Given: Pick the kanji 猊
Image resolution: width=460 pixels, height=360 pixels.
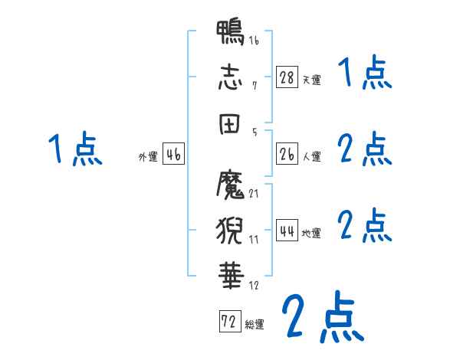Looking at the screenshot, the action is (230, 228).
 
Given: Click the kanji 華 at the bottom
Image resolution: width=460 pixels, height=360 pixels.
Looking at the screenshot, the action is (230, 273).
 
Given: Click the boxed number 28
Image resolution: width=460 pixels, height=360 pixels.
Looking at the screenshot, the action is (287, 77).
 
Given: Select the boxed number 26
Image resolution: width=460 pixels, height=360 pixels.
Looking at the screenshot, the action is (287, 154).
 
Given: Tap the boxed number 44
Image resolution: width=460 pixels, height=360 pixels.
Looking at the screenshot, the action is (287, 231).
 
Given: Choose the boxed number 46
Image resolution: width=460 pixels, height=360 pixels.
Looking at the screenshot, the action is (173, 154).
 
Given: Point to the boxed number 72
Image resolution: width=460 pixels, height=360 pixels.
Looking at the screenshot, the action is (228, 322).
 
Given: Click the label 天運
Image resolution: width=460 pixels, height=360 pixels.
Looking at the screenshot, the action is (311, 80).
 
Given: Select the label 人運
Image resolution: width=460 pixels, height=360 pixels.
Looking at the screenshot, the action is (311, 157).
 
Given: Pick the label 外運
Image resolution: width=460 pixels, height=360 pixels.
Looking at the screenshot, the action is (147, 157).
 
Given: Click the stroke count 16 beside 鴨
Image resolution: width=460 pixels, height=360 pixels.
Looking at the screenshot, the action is (254, 40).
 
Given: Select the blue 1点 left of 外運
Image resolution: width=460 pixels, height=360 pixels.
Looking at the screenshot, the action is (76, 149).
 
